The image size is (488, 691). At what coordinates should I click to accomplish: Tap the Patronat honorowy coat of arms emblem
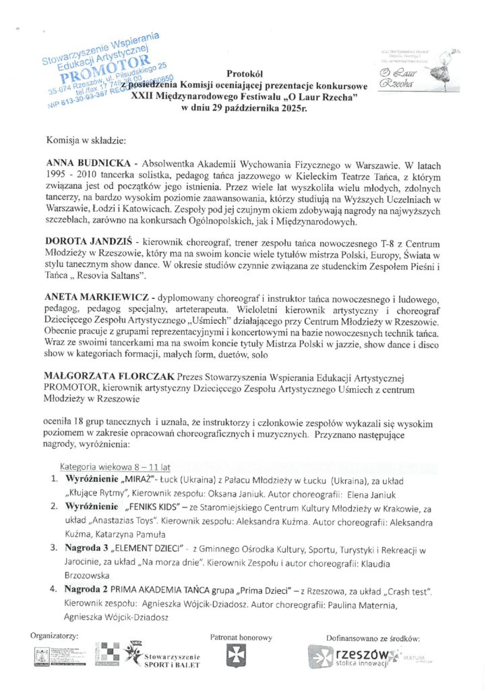pyautogui.click(x=237, y=656)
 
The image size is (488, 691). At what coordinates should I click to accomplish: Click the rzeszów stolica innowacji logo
pyautogui.click(x=353, y=657)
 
